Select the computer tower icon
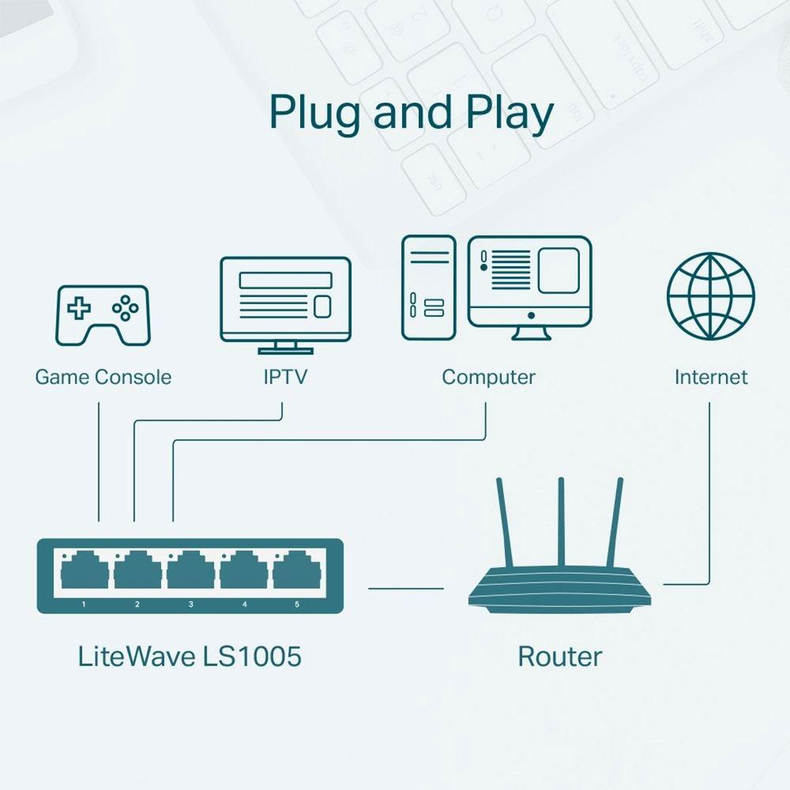tap(427, 288)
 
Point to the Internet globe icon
tap(710, 295)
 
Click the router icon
tap(562, 585)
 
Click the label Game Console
tap(103, 377)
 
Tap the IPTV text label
tap(285, 377)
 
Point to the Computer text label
tap(488, 377)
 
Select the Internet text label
tap(710, 377)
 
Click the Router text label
tap(559, 656)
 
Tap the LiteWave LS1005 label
tap(190, 656)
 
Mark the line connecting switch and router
tap(406, 588)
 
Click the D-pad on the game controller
tap(77, 307)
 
